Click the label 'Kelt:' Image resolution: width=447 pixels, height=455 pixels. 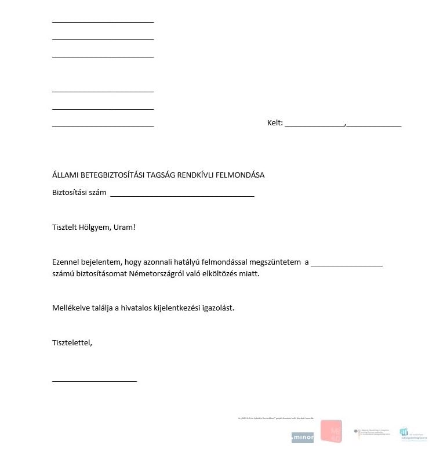pyautogui.click(x=275, y=123)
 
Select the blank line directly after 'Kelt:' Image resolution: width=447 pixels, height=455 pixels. pyautogui.click(x=315, y=125)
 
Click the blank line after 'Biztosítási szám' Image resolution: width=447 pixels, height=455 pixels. pyautogui.click(x=182, y=196)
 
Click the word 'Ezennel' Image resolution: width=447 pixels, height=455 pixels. pyautogui.click(x=66, y=262)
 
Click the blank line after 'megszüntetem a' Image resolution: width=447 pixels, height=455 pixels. pyautogui.click(x=347, y=265)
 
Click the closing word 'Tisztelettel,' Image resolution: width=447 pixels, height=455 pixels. pyautogui.click(x=72, y=342)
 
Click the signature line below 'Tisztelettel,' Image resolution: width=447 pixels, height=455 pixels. pyautogui.click(x=95, y=381)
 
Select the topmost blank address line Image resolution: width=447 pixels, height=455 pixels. pyautogui.click(x=103, y=21)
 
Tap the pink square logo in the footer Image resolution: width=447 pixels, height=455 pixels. pyautogui.click(x=331, y=431)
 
